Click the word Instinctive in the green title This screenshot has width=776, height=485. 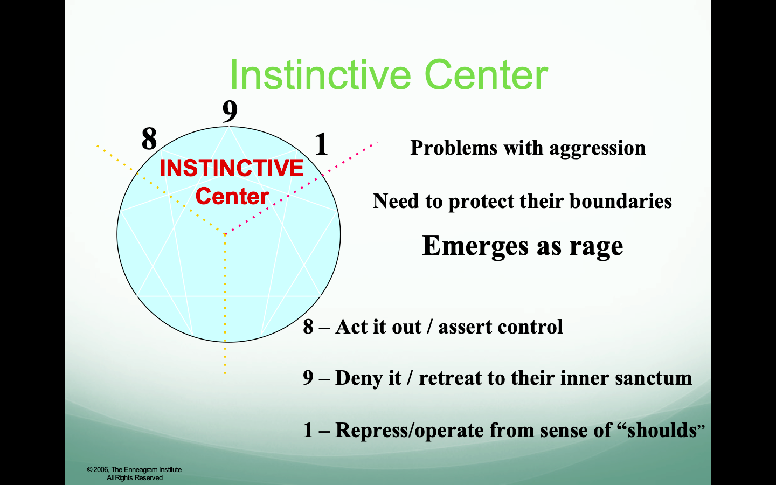[x=321, y=75]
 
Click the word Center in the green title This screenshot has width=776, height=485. [x=486, y=75]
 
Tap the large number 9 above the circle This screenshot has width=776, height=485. [x=230, y=111]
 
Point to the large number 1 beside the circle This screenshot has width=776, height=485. [x=321, y=144]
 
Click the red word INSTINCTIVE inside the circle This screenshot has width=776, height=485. [x=232, y=168]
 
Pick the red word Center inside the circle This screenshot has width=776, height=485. [x=232, y=196]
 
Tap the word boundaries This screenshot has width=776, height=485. [x=621, y=201]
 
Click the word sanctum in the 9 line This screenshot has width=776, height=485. [x=654, y=378]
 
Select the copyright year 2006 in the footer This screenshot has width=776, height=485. [x=101, y=470]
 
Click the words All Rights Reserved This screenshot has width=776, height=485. [x=135, y=477]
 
